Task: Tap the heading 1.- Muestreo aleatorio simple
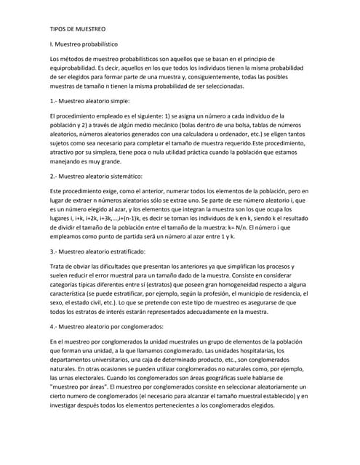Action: [x=89, y=101]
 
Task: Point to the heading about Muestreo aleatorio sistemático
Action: [x=96, y=176]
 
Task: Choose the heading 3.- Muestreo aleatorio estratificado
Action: [x=97, y=251]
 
